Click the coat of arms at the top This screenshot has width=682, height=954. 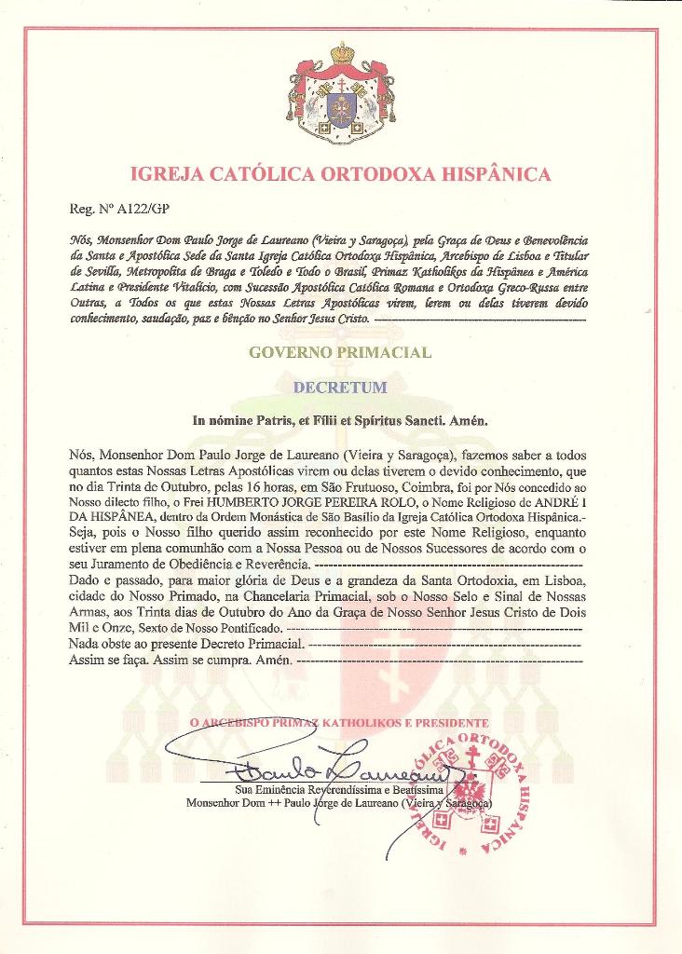341,93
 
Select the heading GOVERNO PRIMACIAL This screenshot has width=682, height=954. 340,352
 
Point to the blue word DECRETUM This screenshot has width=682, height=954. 340,386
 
